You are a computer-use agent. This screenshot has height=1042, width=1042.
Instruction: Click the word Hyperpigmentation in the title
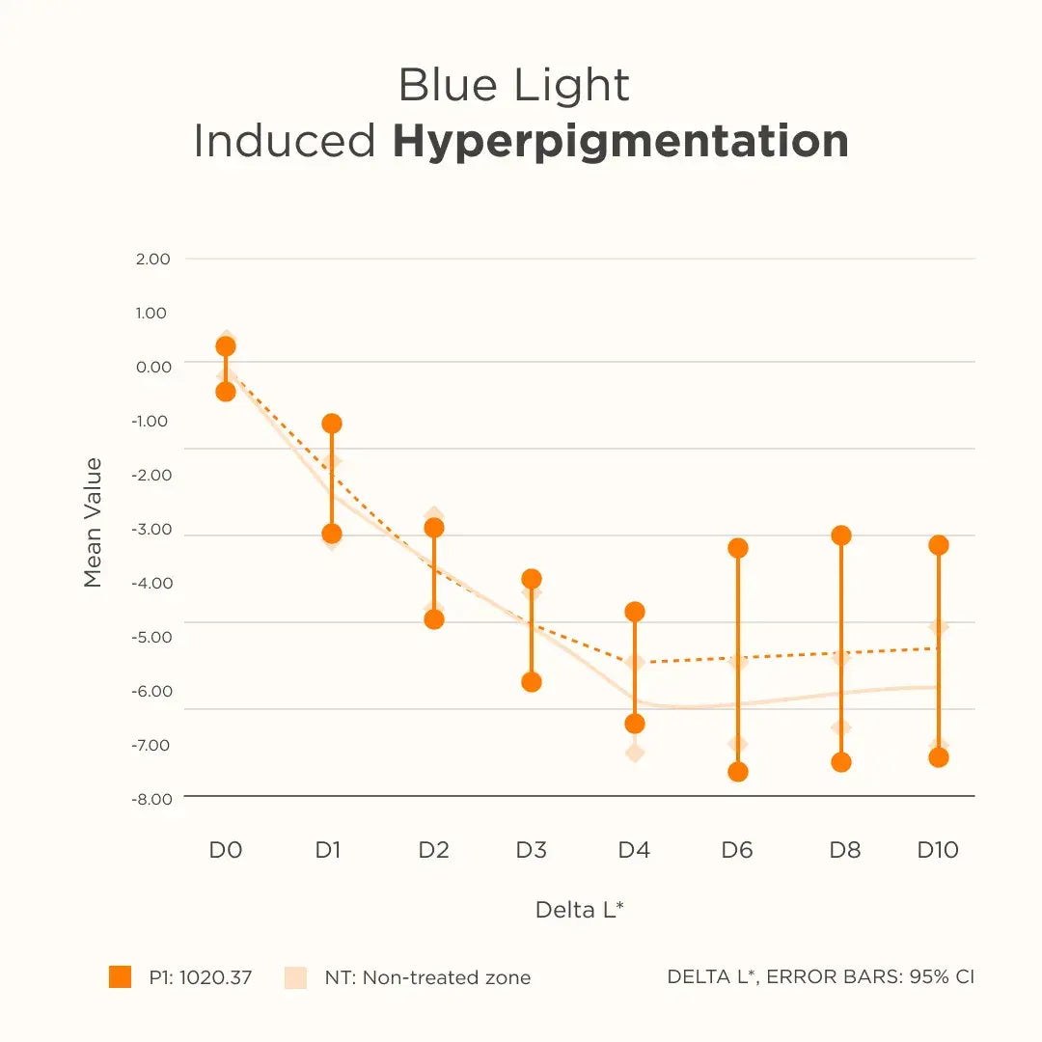[x=620, y=142]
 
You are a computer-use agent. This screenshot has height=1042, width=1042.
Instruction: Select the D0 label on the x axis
[x=226, y=850]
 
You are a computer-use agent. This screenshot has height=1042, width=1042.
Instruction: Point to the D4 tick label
[x=634, y=850]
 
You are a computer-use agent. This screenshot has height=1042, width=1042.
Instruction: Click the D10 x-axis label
[x=938, y=850]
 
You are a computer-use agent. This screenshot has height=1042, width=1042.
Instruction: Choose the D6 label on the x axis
[x=737, y=850]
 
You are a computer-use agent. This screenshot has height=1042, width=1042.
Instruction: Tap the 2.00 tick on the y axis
[x=152, y=259]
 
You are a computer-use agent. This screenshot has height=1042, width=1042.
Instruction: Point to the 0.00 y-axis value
[x=152, y=367]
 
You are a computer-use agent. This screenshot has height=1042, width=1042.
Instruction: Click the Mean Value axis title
[x=93, y=523]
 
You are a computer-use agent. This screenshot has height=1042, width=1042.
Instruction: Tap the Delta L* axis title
[x=579, y=910]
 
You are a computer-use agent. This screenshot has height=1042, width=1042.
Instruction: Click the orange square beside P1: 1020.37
[x=120, y=977]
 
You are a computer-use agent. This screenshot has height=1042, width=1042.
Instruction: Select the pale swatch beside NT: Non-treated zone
[x=295, y=977]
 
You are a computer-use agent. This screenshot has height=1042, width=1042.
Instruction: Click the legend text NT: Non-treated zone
[x=427, y=977]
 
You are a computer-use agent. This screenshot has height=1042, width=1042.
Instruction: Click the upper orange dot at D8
[x=841, y=535]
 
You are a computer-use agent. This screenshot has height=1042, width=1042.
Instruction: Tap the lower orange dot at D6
[x=738, y=772]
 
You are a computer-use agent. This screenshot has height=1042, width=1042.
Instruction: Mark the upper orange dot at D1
[x=332, y=424]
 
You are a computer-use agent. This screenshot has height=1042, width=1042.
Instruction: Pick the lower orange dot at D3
[x=532, y=682]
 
